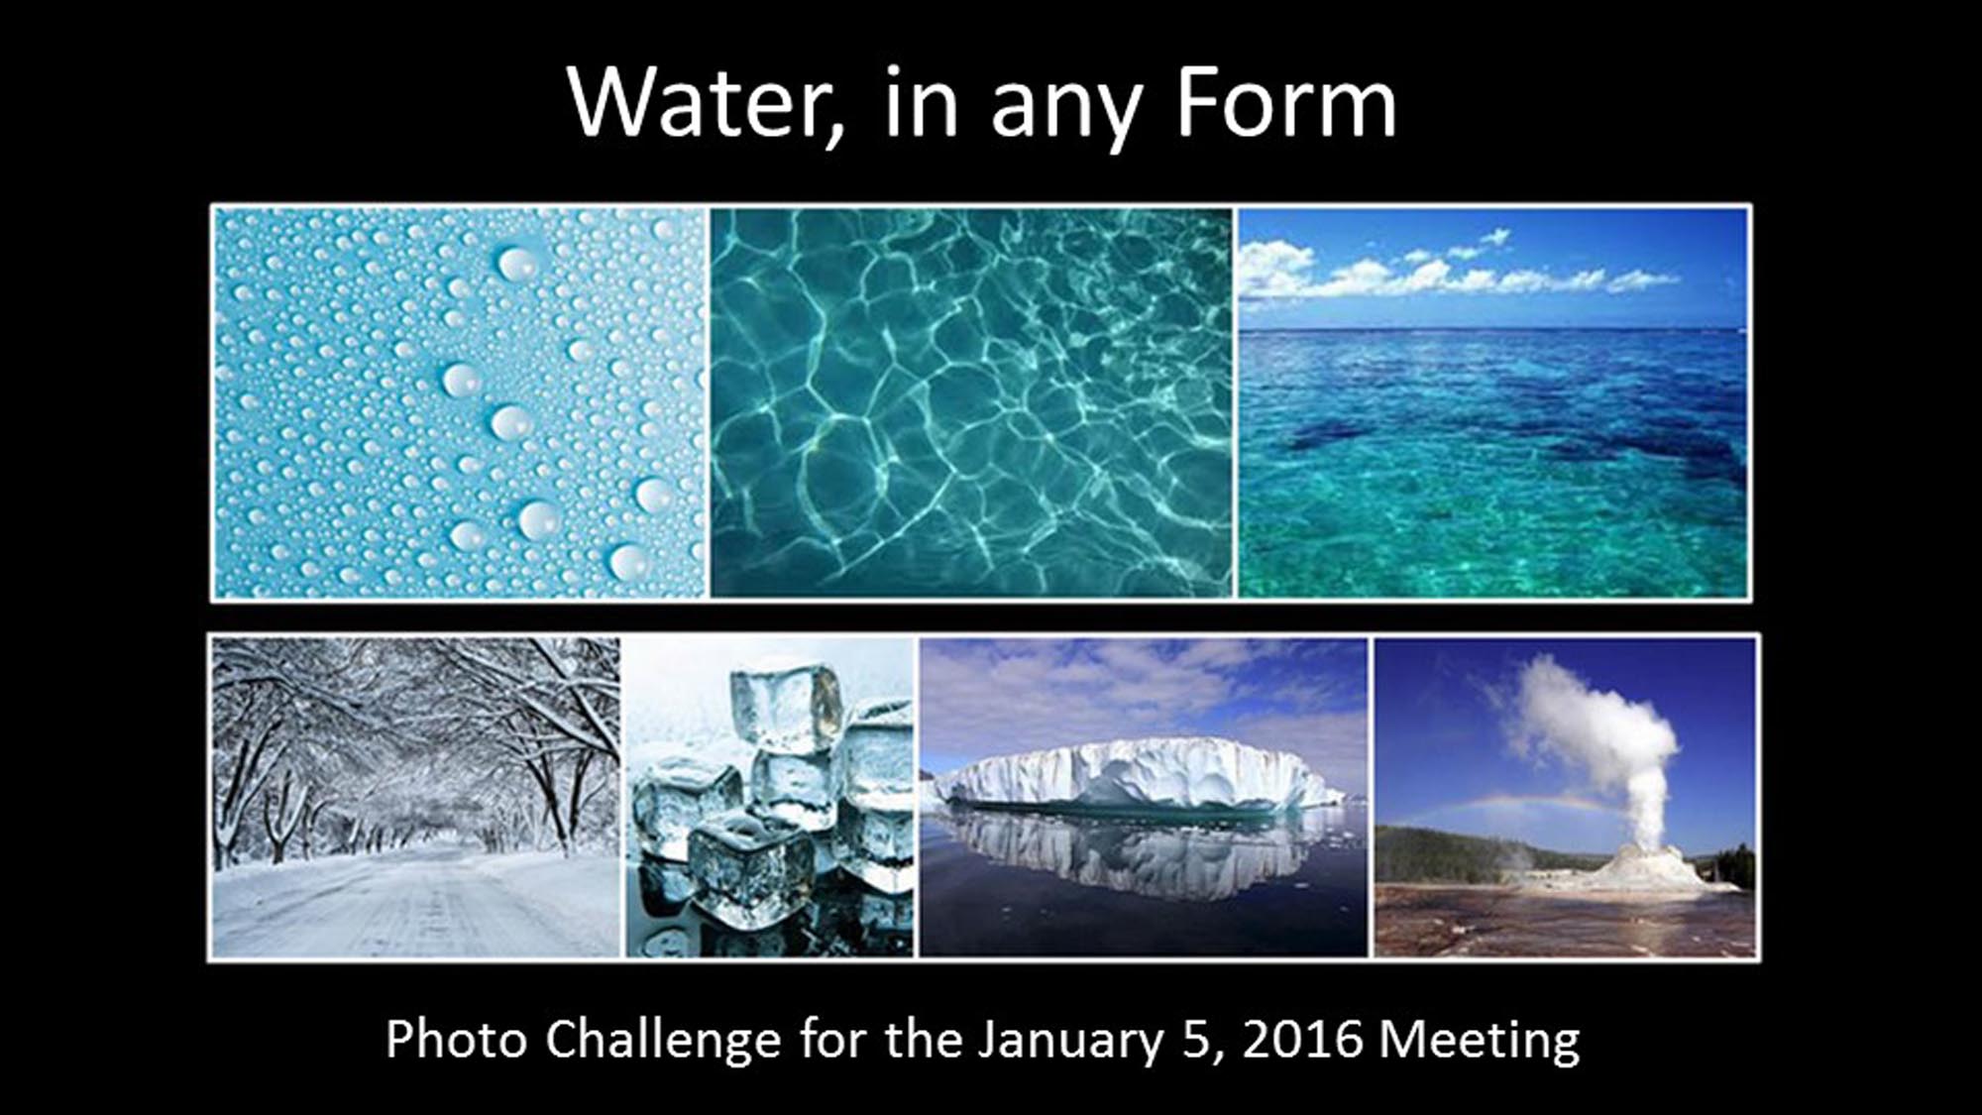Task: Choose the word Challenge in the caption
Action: tap(662, 1041)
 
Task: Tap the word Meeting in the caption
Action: tap(1480, 1041)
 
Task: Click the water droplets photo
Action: tap(460, 402)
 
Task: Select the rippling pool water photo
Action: tap(972, 402)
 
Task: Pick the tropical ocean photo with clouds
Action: tap(1492, 402)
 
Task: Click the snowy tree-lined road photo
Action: tap(416, 797)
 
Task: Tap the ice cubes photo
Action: tap(770, 797)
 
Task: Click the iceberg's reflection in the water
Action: tap(1140, 850)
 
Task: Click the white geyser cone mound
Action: tap(1645, 871)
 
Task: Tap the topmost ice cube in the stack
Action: tap(785, 706)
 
